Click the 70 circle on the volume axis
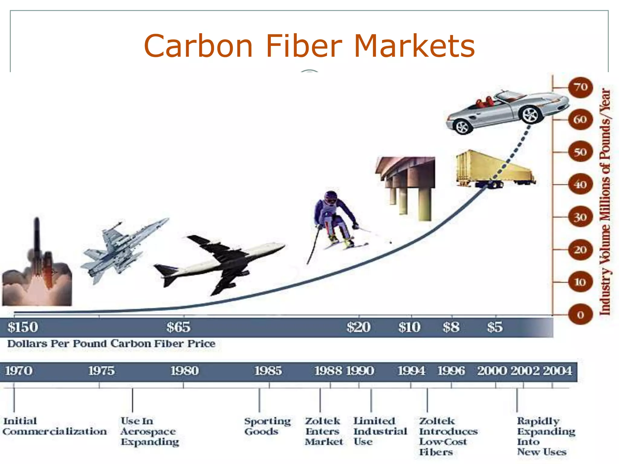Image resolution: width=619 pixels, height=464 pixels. pyautogui.click(x=580, y=87)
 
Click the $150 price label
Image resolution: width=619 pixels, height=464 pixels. pyautogui.click(x=23, y=327)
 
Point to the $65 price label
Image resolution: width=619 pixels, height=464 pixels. pyautogui.click(x=178, y=327)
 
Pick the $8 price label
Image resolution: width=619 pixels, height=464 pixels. pyautogui.click(x=451, y=327)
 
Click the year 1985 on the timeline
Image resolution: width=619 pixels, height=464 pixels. pyautogui.click(x=268, y=371)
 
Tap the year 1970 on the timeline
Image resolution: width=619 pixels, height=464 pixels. pyautogui.click(x=19, y=371)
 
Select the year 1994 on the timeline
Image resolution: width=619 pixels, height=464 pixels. pyautogui.click(x=411, y=371)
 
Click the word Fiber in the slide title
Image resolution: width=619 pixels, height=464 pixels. pyautogui.click(x=303, y=46)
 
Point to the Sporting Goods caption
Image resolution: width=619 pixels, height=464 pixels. pyautogui.click(x=267, y=426)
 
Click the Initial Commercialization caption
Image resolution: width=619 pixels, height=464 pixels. pyautogui.click(x=54, y=426)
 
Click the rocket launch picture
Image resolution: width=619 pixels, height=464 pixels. pyautogui.click(x=37, y=266)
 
